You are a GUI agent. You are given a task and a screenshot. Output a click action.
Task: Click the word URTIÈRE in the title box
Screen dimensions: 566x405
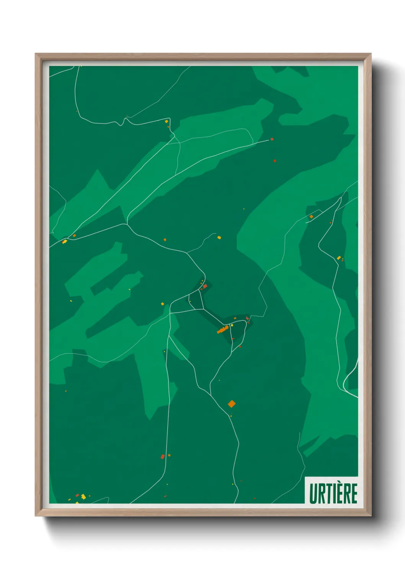coord(333,493)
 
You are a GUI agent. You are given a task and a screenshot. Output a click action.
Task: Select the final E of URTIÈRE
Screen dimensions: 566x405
coord(354,494)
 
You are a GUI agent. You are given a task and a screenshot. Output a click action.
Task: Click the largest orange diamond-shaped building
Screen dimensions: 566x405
coord(231,403)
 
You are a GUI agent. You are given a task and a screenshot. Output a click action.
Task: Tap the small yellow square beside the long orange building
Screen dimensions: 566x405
coord(232,325)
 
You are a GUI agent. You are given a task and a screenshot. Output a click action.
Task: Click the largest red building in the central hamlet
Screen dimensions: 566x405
coord(205,286)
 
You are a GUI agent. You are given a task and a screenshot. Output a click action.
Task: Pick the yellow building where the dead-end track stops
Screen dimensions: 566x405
coord(219,237)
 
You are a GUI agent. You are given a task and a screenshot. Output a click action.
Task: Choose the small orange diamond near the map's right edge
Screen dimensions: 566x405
coord(311,217)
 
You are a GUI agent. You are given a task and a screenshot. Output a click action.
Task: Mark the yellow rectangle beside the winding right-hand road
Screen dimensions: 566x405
coord(339,258)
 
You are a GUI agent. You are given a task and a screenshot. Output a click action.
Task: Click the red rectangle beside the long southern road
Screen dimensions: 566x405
coord(163,457)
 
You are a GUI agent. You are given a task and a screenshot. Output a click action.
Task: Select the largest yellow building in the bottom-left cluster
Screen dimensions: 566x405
coord(83,496)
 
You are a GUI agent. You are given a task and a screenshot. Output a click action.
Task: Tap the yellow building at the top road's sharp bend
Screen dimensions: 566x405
coord(167,121)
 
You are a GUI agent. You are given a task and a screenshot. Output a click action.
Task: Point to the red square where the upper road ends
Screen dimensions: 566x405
coord(272,139)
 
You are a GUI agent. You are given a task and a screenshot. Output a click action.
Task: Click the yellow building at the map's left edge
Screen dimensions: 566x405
coord(64,242)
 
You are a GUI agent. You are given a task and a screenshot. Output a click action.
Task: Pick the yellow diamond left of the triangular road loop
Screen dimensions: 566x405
coord(162,304)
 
